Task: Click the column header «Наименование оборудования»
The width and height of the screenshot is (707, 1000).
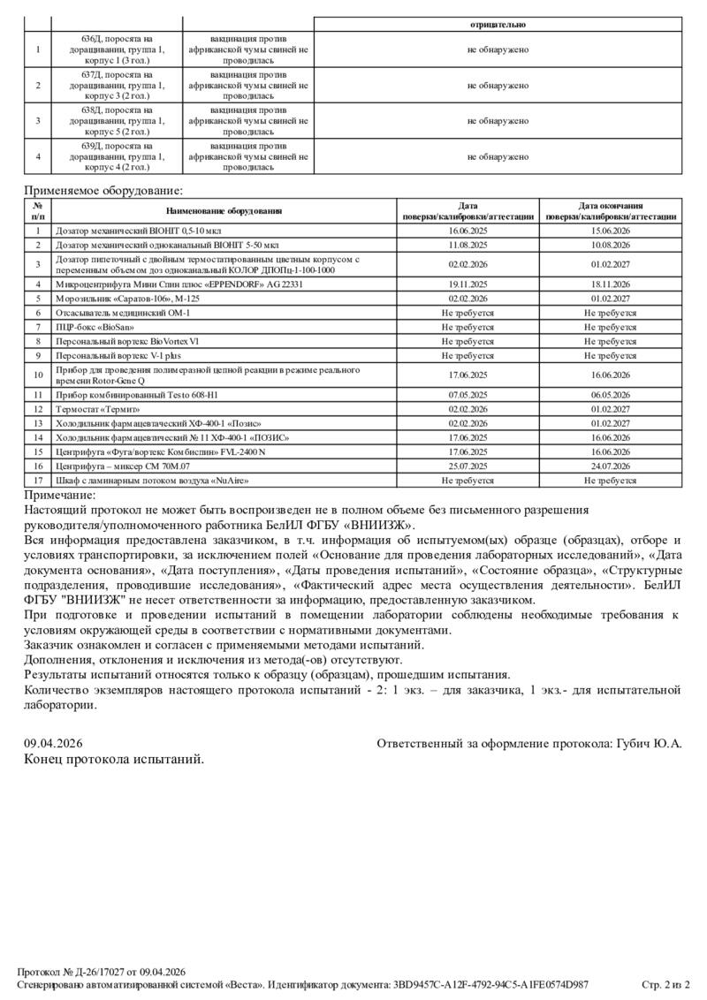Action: coord(224,211)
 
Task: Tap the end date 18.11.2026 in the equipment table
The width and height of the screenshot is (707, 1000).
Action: coord(610,284)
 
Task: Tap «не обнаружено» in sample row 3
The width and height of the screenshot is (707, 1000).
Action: coord(498,121)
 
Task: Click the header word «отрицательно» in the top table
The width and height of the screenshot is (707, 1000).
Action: coord(498,25)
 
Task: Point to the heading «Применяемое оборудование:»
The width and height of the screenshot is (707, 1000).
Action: coord(103,190)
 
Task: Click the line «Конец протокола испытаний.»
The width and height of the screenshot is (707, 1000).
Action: coord(114,759)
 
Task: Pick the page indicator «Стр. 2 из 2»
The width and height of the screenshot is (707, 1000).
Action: coord(665,984)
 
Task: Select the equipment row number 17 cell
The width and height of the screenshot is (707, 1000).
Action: coord(38,481)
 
